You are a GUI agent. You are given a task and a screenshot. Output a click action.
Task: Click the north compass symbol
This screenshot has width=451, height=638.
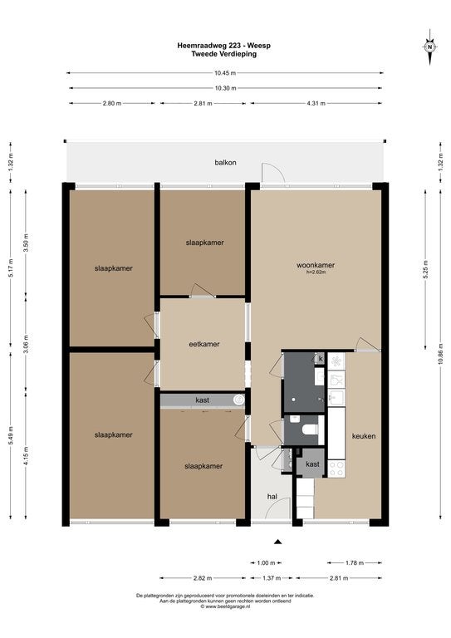(x=429, y=47)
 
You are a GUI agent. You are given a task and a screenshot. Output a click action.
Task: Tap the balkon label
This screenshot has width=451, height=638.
(x=225, y=163)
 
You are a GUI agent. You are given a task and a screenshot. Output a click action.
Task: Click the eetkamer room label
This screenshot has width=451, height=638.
(x=203, y=344)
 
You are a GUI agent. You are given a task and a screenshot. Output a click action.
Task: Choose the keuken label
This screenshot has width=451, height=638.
(x=363, y=436)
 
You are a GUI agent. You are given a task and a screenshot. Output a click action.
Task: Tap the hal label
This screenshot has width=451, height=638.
(x=272, y=496)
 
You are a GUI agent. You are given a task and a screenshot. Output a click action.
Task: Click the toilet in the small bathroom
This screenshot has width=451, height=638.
(x=308, y=429)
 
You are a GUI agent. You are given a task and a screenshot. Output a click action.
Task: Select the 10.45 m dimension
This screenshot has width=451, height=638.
(x=225, y=73)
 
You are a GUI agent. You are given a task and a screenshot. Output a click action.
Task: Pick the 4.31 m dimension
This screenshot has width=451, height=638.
(x=316, y=104)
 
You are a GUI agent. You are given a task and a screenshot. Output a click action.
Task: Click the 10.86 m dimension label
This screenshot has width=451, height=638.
(x=439, y=361)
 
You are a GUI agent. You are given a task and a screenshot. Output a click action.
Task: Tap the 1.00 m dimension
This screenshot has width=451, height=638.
(x=266, y=562)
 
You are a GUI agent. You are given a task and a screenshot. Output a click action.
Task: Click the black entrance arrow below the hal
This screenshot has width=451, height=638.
(x=278, y=542)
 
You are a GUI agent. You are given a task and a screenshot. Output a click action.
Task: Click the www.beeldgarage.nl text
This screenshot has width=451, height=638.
(x=225, y=606)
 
